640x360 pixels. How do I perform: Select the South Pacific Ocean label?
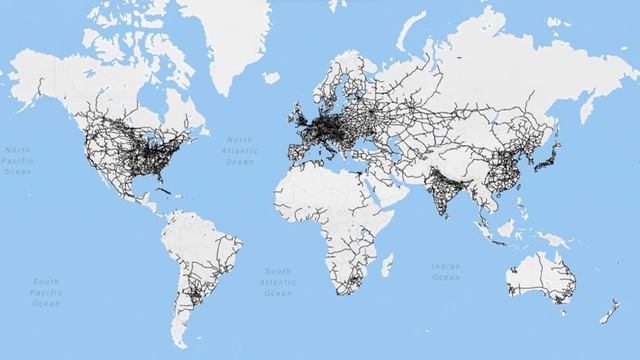click(45, 293)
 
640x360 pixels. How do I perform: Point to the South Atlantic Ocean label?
click(278, 282)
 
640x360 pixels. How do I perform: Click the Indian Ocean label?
click(446, 271)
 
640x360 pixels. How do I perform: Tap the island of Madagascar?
click(386, 265)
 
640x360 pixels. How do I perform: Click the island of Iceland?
click(271, 75)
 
